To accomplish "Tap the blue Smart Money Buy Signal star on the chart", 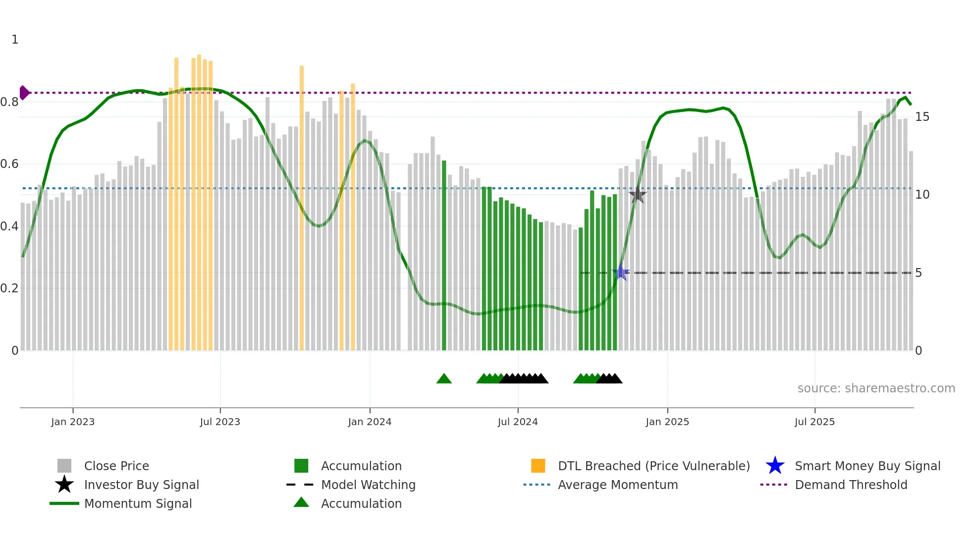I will [x=621, y=273].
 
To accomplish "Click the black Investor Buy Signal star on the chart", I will [x=638, y=195].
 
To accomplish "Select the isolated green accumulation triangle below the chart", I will [x=444, y=379].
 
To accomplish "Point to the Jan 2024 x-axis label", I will [x=370, y=422].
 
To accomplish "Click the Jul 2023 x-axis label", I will [x=220, y=422].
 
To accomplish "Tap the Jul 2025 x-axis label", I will [x=814, y=422].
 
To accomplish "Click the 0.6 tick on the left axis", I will [x=9, y=164].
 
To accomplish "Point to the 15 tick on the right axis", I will [x=922, y=117].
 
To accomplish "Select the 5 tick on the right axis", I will [x=918, y=273].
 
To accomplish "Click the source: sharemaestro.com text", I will [x=876, y=388].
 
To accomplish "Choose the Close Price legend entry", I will [x=116, y=466].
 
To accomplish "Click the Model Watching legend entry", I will [x=368, y=485].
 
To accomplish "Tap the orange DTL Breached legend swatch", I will [x=538, y=466].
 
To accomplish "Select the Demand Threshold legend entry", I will [x=851, y=485].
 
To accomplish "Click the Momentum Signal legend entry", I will [x=138, y=503].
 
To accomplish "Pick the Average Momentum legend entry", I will [x=617, y=485].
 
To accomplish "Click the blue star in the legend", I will [x=775, y=466].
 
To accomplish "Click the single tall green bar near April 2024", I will [x=444, y=255].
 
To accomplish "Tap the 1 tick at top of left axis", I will [x=15, y=40].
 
